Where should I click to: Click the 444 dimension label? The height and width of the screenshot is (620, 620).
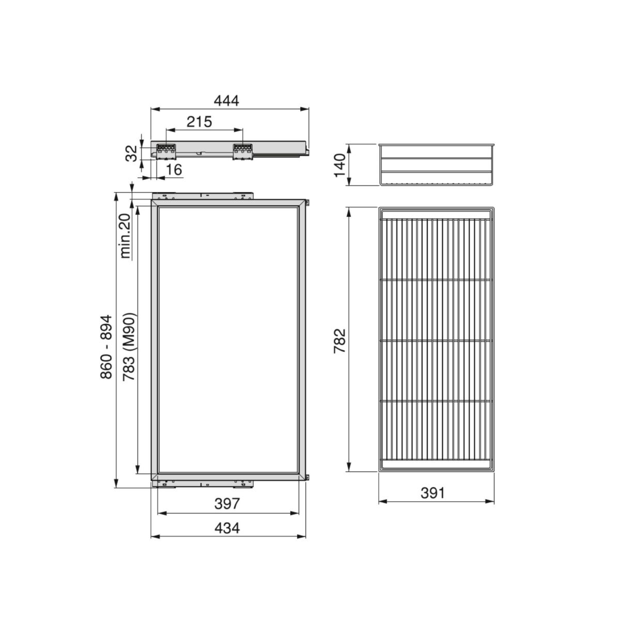coord(226,101)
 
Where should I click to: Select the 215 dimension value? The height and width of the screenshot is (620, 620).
coord(199,121)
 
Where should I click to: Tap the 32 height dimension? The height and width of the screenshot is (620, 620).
coord(131,153)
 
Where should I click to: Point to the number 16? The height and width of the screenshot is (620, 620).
coord(174,169)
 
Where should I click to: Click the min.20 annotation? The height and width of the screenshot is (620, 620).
coord(126,236)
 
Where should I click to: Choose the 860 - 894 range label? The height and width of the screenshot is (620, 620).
coord(106,347)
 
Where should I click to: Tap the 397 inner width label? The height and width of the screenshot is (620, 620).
coord(227,504)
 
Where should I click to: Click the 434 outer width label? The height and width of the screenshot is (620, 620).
coord(227,528)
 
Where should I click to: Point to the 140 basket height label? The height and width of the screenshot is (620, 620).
coord(340,165)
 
